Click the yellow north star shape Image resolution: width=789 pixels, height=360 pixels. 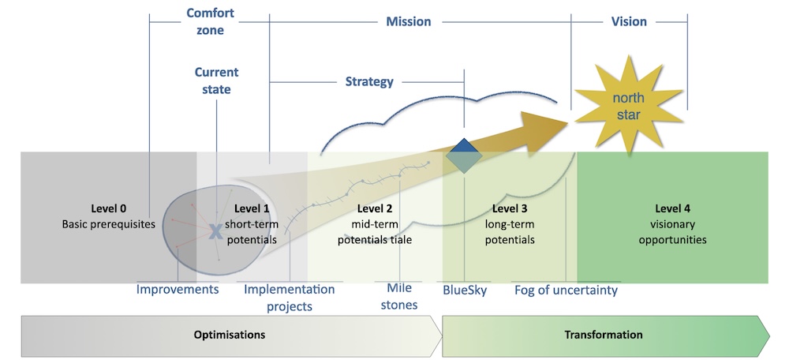pyautogui.click(x=629, y=107)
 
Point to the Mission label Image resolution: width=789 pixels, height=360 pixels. pyautogui.click(x=408, y=21)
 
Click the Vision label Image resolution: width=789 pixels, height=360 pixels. pyautogui.click(x=629, y=21)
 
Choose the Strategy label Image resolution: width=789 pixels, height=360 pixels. pyautogui.click(x=369, y=81)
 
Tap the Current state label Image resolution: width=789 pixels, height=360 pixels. pyautogui.click(x=216, y=81)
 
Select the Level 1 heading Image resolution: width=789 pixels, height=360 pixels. pyautogui.click(x=252, y=209)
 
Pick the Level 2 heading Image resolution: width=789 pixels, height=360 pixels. pyautogui.click(x=374, y=209)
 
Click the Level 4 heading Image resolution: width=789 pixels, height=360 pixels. pyautogui.click(x=672, y=209)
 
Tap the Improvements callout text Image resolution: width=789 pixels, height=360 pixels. pyautogui.click(x=178, y=290)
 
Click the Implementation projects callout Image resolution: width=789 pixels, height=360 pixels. pyautogui.click(x=289, y=297)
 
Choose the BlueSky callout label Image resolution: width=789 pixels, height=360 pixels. pyautogui.click(x=465, y=290)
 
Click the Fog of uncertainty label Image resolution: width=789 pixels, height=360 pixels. pyautogui.click(x=566, y=290)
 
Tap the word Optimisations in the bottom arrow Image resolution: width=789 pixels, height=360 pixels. pyautogui.click(x=230, y=335)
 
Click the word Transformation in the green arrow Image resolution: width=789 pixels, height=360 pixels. pyautogui.click(x=604, y=335)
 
